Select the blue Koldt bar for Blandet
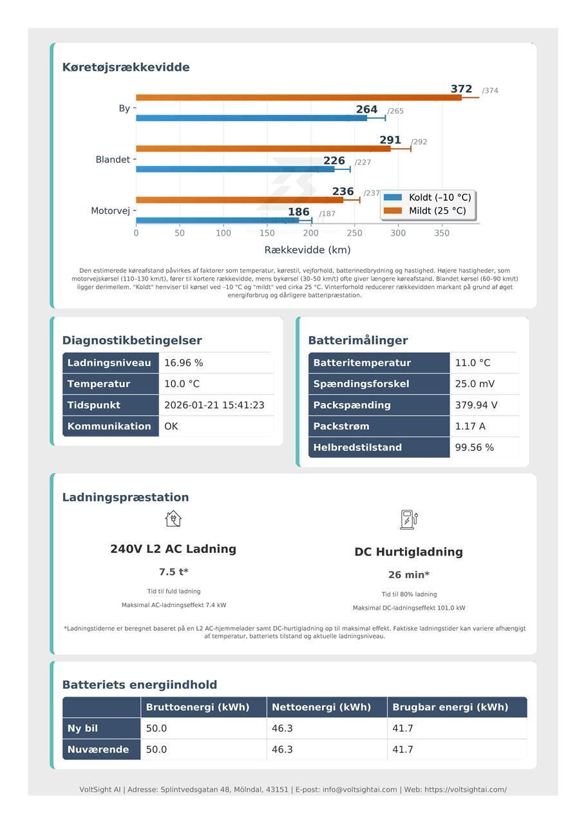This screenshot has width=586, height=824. [235, 169]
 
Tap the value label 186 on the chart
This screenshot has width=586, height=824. [299, 212]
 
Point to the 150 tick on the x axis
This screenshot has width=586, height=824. [267, 233]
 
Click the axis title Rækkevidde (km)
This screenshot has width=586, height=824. [307, 250]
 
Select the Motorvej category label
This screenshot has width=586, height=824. [111, 211]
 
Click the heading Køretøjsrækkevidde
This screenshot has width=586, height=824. [126, 68]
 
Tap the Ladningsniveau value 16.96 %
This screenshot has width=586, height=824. [184, 363]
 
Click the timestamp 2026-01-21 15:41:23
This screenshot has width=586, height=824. [214, 405]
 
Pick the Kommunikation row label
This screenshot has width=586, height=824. [109, 426]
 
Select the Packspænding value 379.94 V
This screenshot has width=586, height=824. [476, 405]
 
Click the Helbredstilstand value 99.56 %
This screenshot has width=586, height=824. [474, 447]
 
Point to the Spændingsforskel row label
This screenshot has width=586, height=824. [361, 384]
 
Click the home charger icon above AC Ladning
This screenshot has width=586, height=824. [173, 519]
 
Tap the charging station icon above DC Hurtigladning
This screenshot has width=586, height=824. [408, 520]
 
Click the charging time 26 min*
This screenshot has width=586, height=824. [408, 575]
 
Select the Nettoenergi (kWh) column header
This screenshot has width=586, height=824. [321, 707]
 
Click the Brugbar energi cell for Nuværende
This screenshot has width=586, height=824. [403, 749]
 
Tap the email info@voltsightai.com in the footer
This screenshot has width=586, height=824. [359, 789]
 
